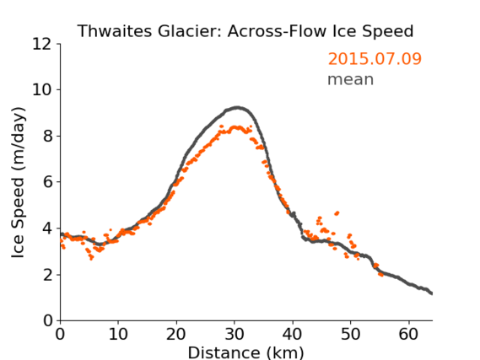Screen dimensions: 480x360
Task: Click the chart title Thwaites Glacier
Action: pos(148,31)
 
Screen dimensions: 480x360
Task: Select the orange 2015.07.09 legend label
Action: pos(375,59)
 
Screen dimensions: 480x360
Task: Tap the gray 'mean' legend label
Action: pos(351,79)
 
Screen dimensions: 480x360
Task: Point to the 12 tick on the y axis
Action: pos(42,45)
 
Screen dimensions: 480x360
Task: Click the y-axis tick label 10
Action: pos(42,90)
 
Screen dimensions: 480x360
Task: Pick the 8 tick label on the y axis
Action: pos(47,136)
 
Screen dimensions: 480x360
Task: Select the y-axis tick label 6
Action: pos(47,182)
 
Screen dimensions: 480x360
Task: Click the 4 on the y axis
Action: pos(47,228)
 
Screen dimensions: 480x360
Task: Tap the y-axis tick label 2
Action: pos(47,275)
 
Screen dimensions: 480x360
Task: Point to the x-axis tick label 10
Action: pos(118,334)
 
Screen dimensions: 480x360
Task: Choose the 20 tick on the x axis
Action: pos(176,334)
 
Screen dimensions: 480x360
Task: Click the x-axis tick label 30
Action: pos(235,334)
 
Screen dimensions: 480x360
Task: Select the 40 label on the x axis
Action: pos(293,334)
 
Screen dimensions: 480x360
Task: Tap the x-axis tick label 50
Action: pos(351,334)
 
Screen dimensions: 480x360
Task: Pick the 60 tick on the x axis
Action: pos(409,334)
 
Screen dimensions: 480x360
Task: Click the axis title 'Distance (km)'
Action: pos(245,353)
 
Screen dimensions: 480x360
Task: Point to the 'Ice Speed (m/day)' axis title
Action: pos(18,182)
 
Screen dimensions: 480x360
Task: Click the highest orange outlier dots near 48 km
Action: pos(337,213)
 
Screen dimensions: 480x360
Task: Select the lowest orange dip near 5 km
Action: pos(91,259)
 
